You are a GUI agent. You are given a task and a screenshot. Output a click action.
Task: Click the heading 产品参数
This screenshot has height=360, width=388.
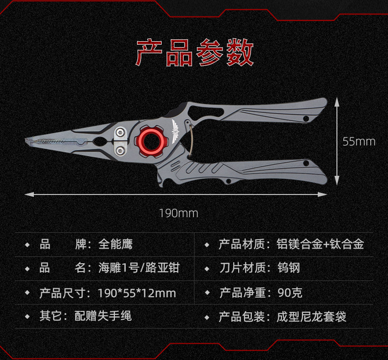[x=194, y=53]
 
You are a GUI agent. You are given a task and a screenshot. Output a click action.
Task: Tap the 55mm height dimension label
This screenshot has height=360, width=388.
[x=359, y=141]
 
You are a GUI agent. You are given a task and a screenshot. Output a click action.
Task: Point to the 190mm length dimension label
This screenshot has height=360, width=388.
[x=178, y=213]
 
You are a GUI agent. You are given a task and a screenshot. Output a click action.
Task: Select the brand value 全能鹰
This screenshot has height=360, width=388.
[x=115, y=244]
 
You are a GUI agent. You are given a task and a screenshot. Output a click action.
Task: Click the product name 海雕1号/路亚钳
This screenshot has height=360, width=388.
[x=139, y=268]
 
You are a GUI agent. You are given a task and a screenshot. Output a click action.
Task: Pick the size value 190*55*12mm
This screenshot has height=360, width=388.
[x=137, y=293]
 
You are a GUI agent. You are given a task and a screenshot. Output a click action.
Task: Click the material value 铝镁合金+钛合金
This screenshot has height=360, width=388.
[x=320, y=244]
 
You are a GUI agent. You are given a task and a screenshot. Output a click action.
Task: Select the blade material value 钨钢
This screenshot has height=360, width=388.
[x=288, y=268]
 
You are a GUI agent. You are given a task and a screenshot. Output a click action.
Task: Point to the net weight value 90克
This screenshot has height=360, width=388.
[x=290, y=293]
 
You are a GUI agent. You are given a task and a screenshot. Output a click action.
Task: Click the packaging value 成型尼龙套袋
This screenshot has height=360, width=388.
[x=311, y=316]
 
